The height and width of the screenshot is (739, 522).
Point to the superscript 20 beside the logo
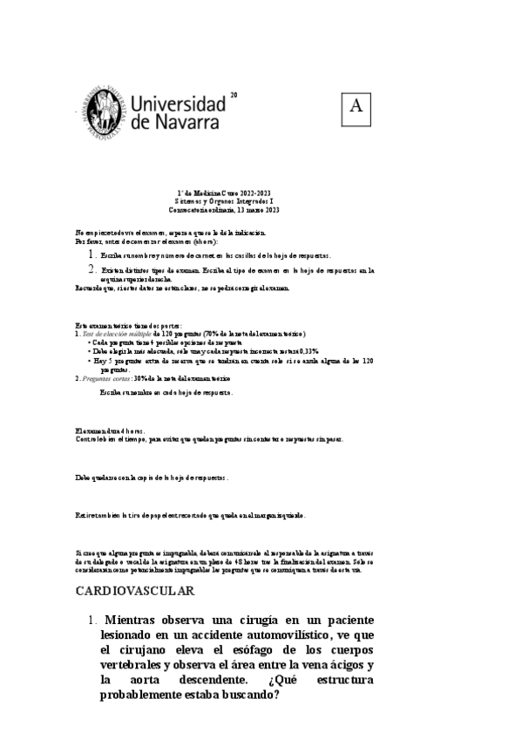click(x=234, y=94)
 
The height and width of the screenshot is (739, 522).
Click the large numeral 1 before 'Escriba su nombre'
click(x=92, y=254)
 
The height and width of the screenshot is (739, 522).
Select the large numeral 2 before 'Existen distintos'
click(x=92, y=269)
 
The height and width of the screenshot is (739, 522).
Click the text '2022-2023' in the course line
click(x=254, y=193)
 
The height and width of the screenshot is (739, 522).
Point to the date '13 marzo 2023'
click(x=250, y=210)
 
